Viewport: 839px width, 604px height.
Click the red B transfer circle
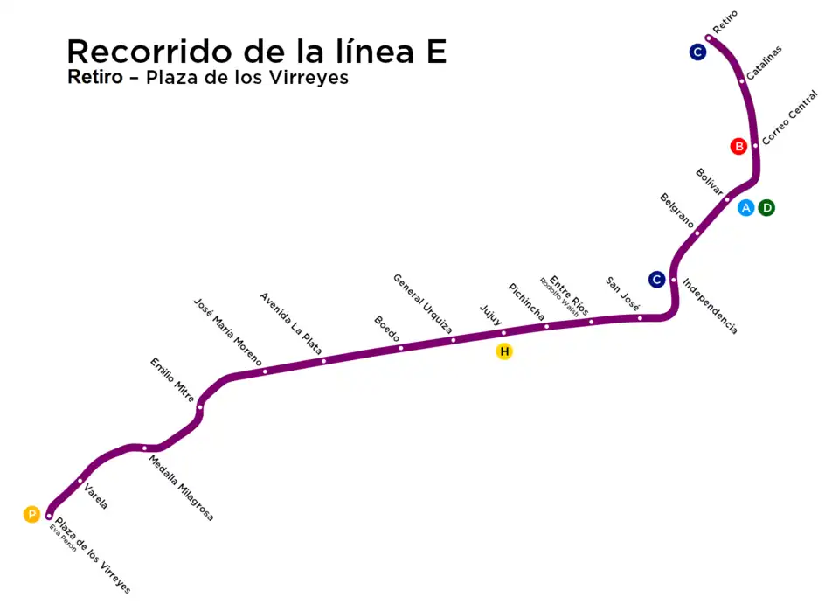coord(739,146)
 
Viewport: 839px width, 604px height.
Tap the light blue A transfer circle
coord(746,208)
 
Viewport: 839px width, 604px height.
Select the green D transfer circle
coord(766,208)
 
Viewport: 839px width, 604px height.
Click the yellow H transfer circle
coord(504,352)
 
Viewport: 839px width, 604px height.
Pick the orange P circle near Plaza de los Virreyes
coord(31,515)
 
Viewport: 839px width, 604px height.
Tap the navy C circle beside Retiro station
coord(697,52)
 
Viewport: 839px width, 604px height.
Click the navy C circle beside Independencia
coord(657,280)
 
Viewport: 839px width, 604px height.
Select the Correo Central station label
coord(790,117)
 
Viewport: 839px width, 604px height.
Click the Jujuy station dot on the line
coord(503,333)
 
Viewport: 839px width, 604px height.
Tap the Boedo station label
coord(387,330)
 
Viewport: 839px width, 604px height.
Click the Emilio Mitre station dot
coord(200,406)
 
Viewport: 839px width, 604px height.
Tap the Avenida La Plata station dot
coord(323,361)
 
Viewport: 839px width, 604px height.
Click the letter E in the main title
coord(434,52)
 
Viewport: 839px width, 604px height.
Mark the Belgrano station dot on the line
coord(697,233)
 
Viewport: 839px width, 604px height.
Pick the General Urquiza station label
coord(423,304)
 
